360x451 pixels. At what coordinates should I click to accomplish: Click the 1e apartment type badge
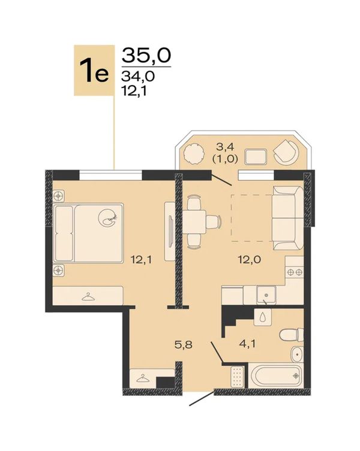94,70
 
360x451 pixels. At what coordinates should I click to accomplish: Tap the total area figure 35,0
146,55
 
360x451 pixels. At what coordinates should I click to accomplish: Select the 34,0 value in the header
138,76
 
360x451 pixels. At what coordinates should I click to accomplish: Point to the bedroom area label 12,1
141,260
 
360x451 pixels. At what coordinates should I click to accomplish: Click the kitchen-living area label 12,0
250,260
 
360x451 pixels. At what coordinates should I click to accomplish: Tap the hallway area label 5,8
184,344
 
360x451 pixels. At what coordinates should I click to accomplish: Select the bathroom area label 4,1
247,344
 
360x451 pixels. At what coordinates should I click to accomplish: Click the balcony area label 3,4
226,148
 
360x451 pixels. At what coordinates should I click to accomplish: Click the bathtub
275,375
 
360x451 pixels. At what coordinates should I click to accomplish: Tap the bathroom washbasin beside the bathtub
296,354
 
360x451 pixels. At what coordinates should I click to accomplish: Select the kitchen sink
266,295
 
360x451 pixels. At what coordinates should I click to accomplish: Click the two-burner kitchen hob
295,272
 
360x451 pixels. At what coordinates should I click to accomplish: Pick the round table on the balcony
193,154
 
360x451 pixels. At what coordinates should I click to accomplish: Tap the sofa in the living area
288,218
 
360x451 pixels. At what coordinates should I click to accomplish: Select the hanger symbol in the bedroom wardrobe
88,297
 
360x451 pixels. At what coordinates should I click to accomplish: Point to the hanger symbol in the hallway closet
143,378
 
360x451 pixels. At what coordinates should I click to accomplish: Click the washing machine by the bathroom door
238,377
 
